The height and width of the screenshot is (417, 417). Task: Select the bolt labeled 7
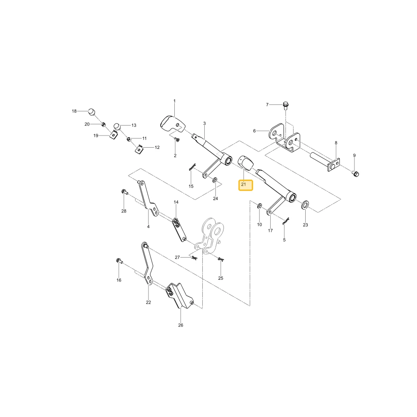click(285, 106)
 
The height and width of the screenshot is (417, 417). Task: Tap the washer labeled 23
click(305, 205)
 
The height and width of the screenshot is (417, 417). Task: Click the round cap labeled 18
click(92, 112)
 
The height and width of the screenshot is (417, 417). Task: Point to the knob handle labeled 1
click(172, 124)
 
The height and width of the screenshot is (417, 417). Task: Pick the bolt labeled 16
click(118, 261)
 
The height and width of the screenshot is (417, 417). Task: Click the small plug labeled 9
click(356, 174)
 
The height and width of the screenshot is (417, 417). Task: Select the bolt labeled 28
click(124, 191)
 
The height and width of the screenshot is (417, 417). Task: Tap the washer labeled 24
click(215, 181)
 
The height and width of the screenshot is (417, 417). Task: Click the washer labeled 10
click(259, 206)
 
